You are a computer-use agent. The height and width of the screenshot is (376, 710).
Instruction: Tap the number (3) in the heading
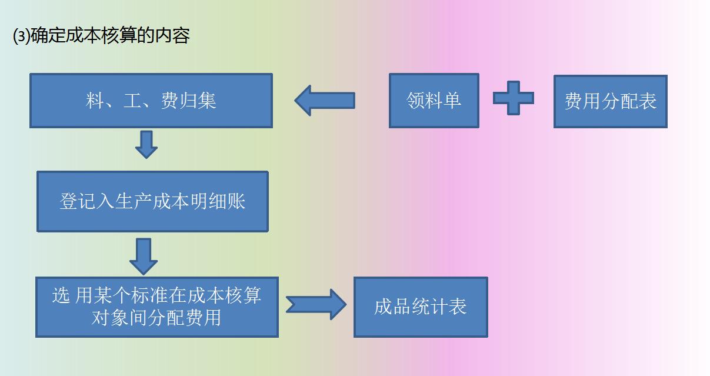(21, 36)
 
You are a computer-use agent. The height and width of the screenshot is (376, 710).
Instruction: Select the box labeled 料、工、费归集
(151, 101)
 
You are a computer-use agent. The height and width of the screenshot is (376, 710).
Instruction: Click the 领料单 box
(434, 101)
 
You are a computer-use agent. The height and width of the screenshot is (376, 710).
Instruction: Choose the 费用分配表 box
(610, 101)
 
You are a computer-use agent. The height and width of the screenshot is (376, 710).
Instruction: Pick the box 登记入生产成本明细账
(152, 201)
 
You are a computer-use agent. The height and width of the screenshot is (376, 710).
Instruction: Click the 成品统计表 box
(420, 307)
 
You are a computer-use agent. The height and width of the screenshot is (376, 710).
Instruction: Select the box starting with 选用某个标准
(156, 307)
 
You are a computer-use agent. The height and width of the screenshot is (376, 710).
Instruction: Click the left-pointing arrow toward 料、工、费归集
(325, 101)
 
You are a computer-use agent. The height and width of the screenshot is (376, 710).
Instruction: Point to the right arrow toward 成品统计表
(316, 304)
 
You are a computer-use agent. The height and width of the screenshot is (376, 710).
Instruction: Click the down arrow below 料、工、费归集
(146, 144)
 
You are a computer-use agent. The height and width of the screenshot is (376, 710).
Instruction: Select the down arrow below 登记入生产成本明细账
(144, 255)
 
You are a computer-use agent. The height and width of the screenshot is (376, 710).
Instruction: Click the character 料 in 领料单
(434, 101)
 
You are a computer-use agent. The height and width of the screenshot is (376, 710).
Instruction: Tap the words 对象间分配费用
(156, 318)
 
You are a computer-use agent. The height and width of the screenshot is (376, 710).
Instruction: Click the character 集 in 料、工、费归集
(207, 101)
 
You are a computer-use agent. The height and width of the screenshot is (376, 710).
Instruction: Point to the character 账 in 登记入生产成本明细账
(236, 201)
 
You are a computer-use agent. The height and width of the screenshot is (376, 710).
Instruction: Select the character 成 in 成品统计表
(384, 307)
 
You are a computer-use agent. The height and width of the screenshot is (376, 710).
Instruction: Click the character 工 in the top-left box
(132, 101)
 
